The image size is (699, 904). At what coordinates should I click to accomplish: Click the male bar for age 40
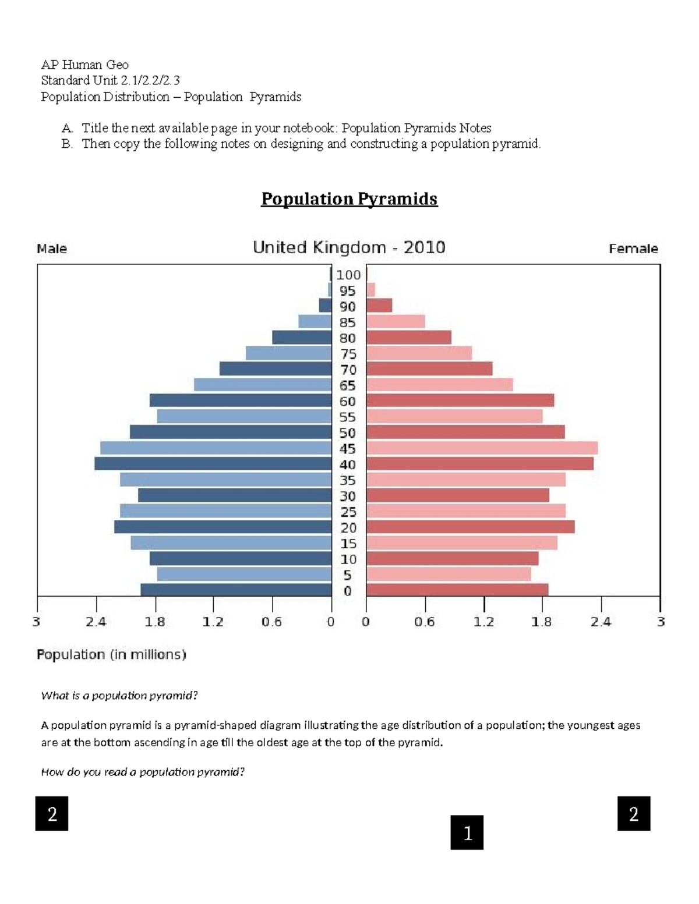[213, 464]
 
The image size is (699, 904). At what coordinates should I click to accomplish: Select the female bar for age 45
[482, 448]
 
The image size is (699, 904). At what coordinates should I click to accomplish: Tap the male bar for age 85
[315, 321]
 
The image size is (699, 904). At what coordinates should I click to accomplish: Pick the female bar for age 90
[379, 306]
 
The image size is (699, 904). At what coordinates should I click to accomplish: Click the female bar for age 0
[457, 590]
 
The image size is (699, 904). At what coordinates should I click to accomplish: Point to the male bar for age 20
[223, 527]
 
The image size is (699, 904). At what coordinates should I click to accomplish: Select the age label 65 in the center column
[348, 385]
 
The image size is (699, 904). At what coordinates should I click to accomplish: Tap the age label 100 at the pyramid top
[348, 275]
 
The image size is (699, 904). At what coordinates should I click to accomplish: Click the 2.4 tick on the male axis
[96, 622]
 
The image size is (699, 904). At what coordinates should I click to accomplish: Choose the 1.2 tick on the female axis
[484, 622]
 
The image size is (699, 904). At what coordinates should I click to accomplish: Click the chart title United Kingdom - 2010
[349, 247]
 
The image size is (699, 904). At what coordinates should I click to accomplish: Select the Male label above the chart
[52, 249]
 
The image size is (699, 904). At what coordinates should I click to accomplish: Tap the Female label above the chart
[633, 249]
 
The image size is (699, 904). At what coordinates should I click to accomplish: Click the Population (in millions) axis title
[111, 654]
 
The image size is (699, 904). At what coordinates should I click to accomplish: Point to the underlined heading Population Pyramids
[349, 199]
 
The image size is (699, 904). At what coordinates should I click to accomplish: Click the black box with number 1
[467, 832]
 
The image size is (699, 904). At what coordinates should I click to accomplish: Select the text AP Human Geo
[84, 65]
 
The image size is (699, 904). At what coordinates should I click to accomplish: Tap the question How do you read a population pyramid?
[143, 772]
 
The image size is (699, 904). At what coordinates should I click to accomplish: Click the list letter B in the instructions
[67, 144]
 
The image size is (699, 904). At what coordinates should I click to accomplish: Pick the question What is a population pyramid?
[119, 696]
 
